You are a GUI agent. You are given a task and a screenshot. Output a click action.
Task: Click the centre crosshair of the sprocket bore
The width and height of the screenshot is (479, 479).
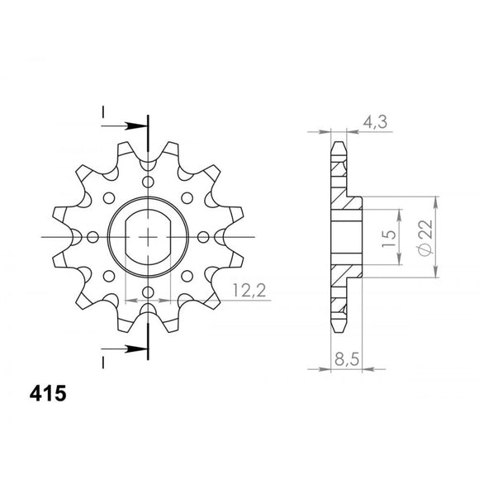click(149, 238)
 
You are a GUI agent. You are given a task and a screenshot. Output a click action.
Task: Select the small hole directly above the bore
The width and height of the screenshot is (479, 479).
click(149, 183)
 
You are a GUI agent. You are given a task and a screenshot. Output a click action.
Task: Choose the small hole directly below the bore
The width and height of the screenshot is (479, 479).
click(149, 292)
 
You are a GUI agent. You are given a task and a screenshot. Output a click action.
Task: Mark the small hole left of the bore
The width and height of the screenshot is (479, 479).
click(93, 238)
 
